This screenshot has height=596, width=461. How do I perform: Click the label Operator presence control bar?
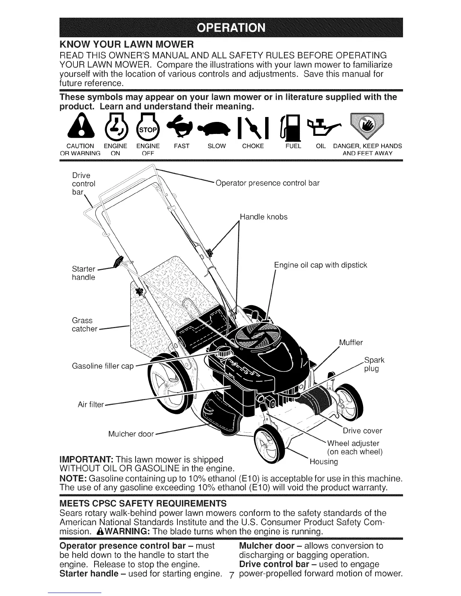point(267,183)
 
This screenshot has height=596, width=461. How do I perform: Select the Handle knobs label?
point(264,217)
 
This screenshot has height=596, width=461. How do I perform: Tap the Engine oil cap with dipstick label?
point(320,265)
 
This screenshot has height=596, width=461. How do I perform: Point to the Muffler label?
point(351,342)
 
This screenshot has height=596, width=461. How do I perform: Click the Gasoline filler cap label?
point(102,366)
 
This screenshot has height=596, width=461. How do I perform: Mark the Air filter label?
point(90,405)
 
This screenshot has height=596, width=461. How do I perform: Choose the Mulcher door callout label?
point(131,434)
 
